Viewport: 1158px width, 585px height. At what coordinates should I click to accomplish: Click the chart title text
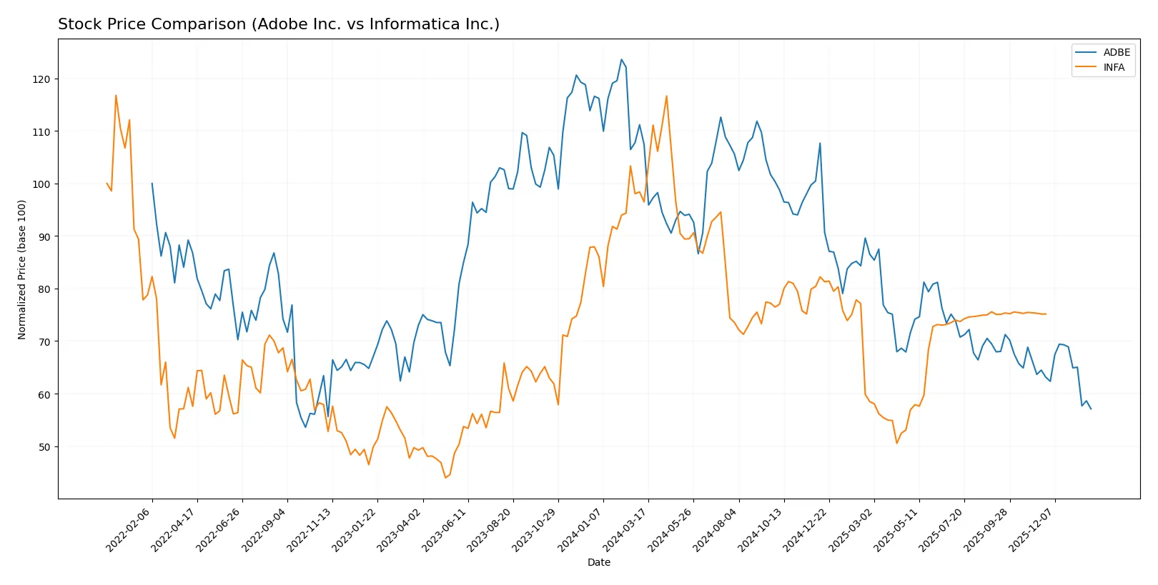279,24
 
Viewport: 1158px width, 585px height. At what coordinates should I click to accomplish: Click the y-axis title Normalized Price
22,269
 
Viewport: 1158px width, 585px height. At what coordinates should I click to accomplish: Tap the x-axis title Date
598,562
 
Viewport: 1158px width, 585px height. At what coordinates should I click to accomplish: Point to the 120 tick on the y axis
41,79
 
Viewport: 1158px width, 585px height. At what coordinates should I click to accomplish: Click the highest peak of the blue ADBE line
621,59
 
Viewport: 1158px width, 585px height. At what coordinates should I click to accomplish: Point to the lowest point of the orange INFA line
445,478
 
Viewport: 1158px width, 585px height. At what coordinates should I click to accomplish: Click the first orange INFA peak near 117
116,95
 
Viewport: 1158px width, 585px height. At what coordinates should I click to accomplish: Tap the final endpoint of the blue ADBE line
1091,409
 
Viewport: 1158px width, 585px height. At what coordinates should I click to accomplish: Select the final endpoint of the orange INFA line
1046,314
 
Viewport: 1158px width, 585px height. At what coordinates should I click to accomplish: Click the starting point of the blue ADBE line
152,184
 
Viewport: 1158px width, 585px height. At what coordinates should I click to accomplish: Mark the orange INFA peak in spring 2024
666,96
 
